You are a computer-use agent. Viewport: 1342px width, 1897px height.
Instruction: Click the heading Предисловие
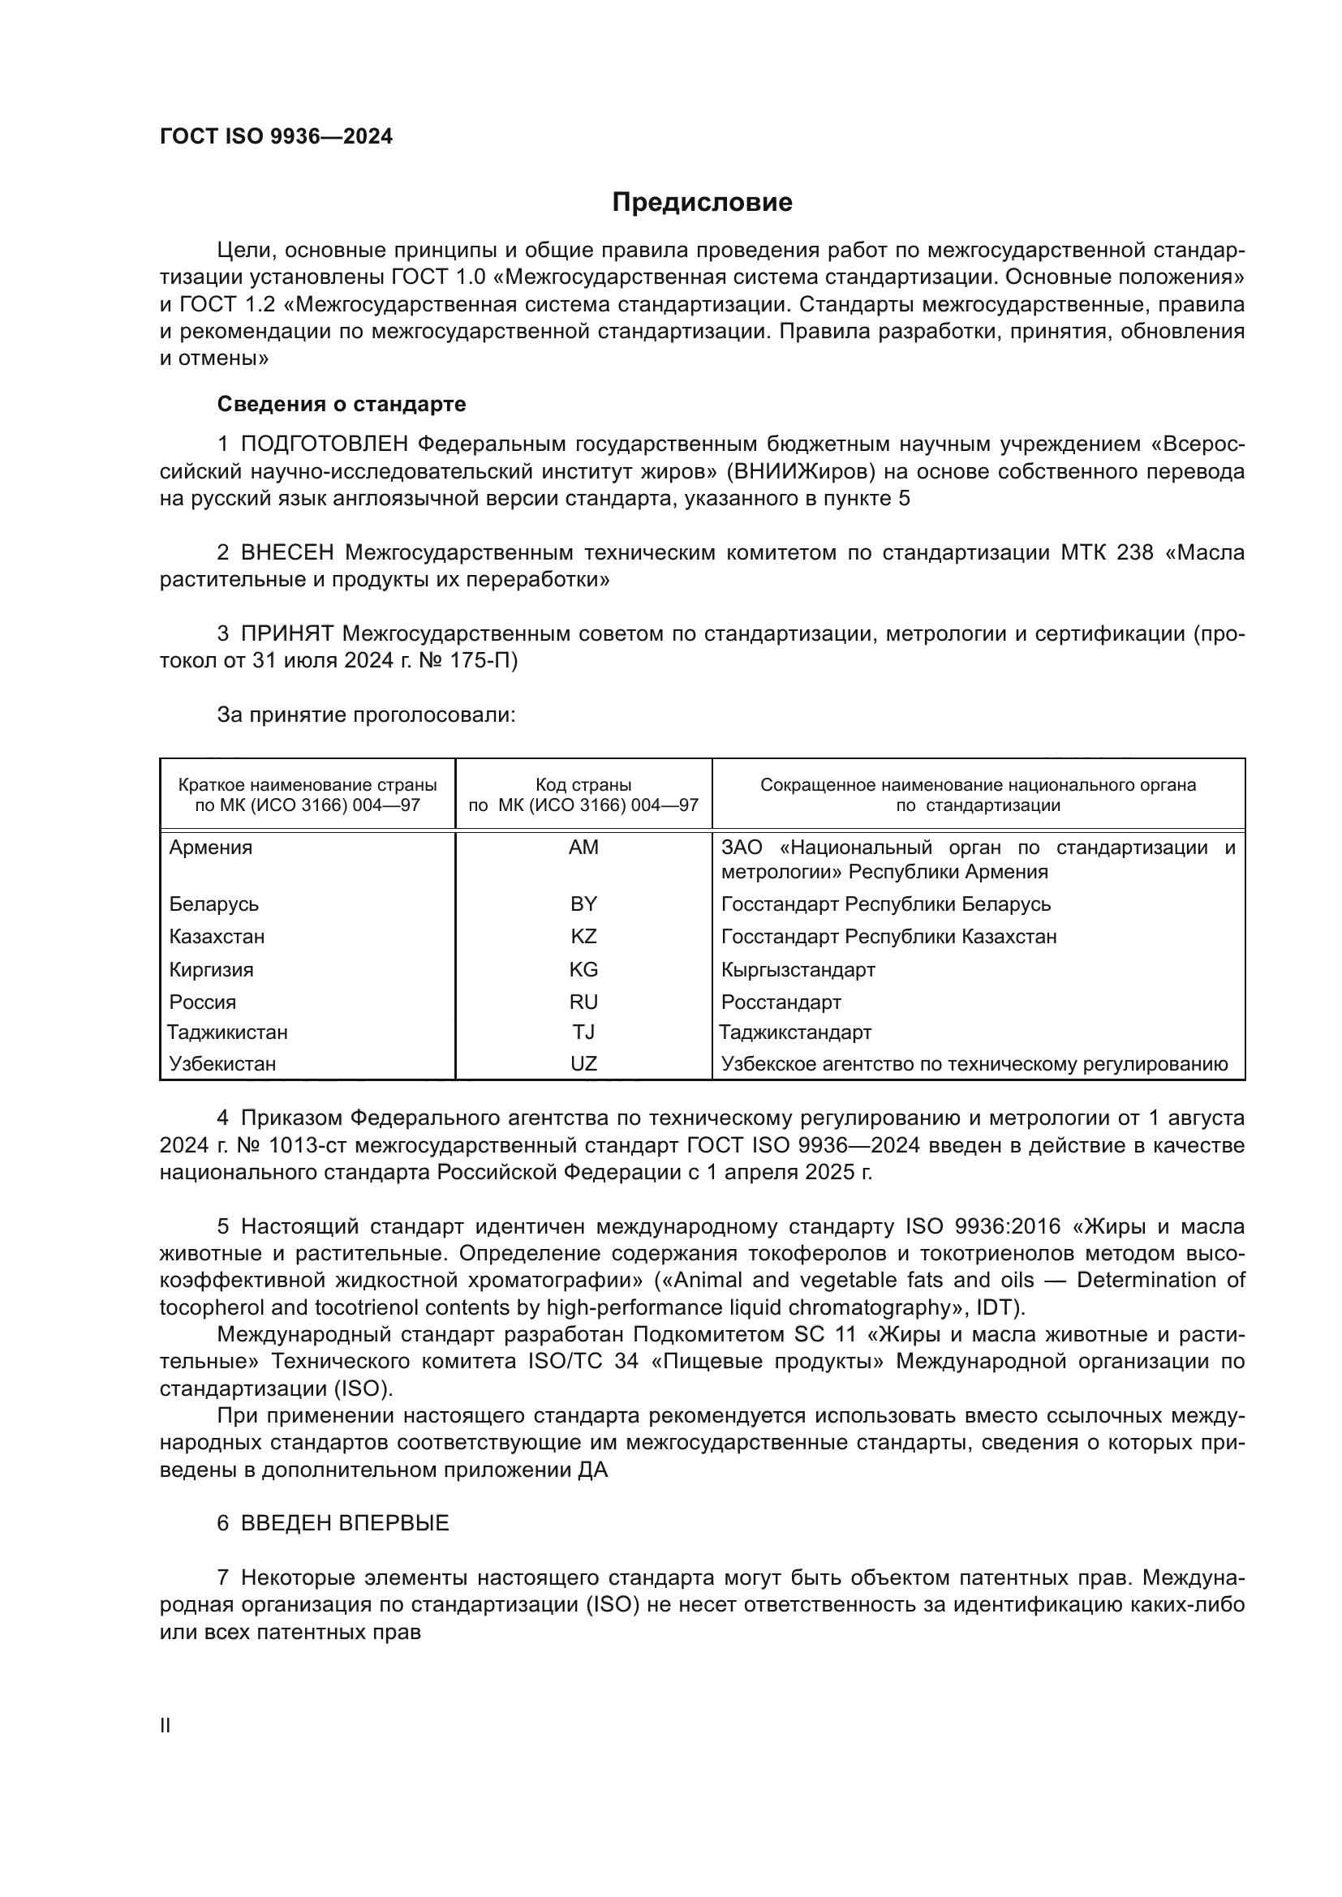[702, 203]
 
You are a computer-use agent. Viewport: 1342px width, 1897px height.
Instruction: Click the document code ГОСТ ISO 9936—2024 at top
[276, 137]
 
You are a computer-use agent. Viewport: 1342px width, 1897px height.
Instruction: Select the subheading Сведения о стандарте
[342, 404]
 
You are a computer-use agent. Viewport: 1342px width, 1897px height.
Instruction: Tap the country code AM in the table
[583, 848]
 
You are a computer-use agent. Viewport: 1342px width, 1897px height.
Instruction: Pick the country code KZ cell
[583, 936]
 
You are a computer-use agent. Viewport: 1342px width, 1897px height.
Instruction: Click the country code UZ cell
[583, 1063]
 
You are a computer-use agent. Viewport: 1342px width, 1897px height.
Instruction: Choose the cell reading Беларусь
[214, 903]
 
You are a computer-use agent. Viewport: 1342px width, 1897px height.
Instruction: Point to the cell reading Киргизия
[212, 969]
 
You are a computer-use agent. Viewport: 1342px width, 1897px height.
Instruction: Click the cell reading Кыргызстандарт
[798, 969]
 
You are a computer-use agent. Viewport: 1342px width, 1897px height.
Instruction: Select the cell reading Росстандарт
[781, 1002]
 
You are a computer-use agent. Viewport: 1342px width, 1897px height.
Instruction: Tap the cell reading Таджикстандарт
[795, 1032]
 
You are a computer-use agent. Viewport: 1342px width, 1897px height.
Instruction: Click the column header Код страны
[583, 785]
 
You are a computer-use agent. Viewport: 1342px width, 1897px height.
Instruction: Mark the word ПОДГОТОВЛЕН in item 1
[324, 444]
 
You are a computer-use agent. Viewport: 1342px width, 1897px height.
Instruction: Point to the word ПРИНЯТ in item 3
[287, 633]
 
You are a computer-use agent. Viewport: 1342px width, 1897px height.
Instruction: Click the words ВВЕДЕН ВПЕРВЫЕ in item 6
[346, 1523]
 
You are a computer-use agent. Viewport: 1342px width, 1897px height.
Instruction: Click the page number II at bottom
[166, 1725]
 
